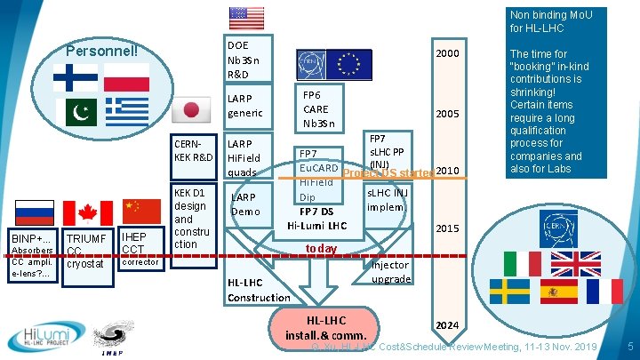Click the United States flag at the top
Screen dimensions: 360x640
[x=246, y=18]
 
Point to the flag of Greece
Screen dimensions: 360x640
[x=126, y=111]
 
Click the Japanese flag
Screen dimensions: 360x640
[x=190, y=111]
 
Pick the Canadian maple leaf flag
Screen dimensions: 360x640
[x=87, y=212]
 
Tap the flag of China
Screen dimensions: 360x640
[x=140, y=209]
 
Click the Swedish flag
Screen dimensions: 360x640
[x=510, y=291]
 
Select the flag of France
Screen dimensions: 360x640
[x=605, y=291]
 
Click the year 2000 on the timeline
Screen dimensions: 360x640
[x=448, y=53]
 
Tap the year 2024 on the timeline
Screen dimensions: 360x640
[x=447, y=325]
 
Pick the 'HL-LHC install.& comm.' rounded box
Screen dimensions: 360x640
[x=326, y=327]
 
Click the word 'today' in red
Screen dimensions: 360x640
[x=321, y=249]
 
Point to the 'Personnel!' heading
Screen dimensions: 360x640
[x=102, y=49]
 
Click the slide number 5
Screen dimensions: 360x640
[x=629, y=345]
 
